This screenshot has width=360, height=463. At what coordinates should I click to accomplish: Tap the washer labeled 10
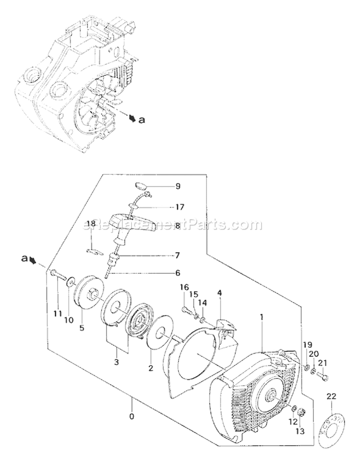point(71,280)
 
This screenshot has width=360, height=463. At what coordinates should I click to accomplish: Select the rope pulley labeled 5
point(90,292)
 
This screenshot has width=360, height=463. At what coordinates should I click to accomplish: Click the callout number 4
point(219,292)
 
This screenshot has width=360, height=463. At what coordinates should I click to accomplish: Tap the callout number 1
point(262,317)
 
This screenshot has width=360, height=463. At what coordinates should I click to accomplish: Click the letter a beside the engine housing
point(141,121)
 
